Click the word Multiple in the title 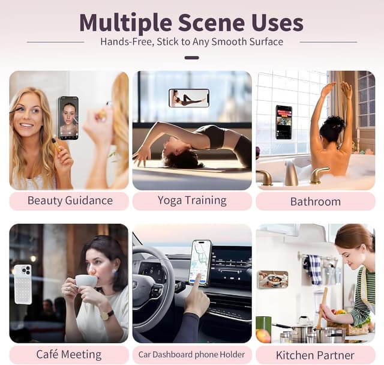[x=125, y=22]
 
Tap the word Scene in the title [x=211, y=22]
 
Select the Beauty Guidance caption [x=70, y=201]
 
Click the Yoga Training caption [x=192, y=201]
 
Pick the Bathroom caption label [x=316, y=201]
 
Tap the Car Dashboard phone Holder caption [x=192, y=354]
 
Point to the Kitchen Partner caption [x=316, y=354]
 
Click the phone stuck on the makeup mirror [x=68, y=118]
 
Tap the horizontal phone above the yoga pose [x=189, y=98]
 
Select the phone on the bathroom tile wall [x=283, y=122]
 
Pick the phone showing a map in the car [x=200, y=262]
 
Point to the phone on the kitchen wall [x=273, y=279]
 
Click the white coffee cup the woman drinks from [x=86, y=281]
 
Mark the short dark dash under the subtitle [x=192, y=58]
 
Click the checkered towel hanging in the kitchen [x=313, y=269]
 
